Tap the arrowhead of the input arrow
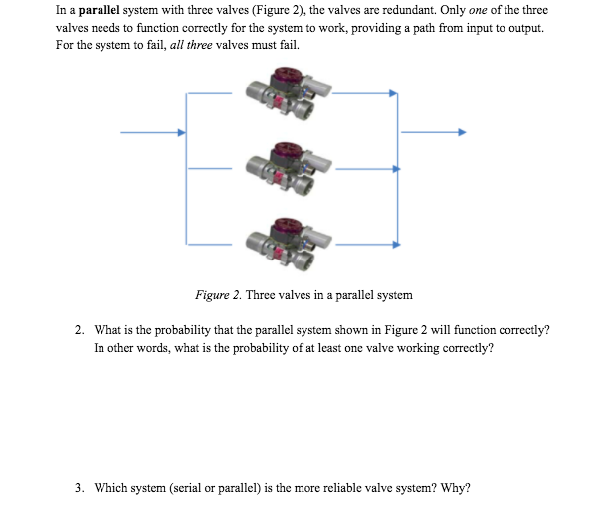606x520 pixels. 181,132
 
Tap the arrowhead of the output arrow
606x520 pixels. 461,132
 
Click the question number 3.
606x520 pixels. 78,488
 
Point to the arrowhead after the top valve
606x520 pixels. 394,94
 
